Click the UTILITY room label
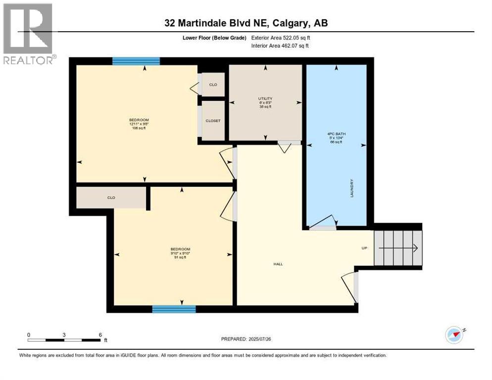(265, 99)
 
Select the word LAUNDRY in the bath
(352, 188)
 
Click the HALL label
(278, 264)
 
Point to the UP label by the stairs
(364, 248)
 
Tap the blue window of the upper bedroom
(136, 61)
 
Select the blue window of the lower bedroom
(174, 309)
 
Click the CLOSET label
(213, 121)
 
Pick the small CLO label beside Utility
(213, 85)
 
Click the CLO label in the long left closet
(111, 197)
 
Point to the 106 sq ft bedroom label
(139, 124)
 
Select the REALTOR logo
(29, 34)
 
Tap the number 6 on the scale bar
(100, 334)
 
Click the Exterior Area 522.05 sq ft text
(282, 38)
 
